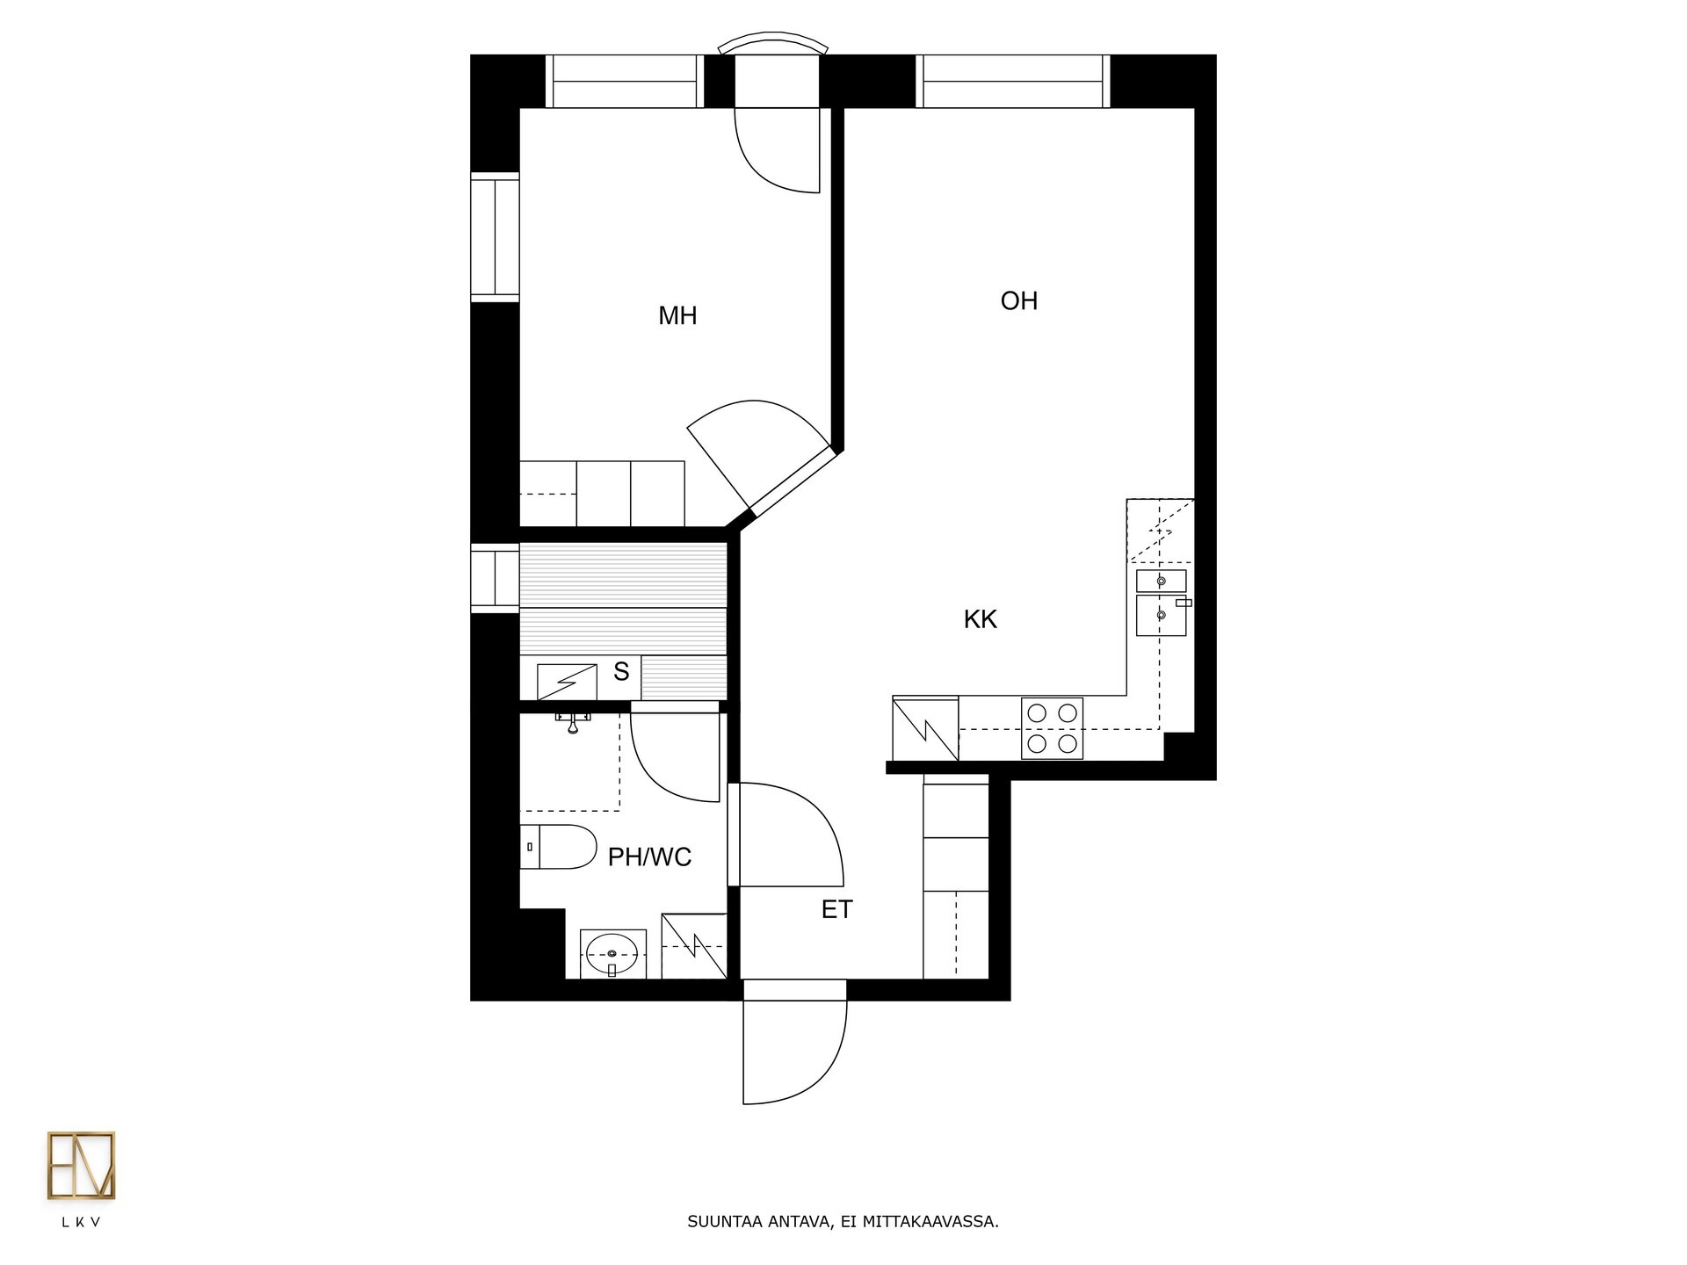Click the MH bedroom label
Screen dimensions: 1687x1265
pyautogui.click(x=677, y=316)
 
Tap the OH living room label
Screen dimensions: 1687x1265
pyautogui.click(x=1019, y=301)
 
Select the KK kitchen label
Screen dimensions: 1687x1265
pyautogui.click(x=981, y=619)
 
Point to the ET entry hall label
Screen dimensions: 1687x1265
pyautogui.click(x=836, y=910)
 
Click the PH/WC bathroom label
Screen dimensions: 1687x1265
pyautogui.click(x=649, y=857)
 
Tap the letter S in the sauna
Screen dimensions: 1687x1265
pyautogui.click(x=621, y=672)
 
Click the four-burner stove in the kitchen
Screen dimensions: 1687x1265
pyautogui.click(x=1052, y=728)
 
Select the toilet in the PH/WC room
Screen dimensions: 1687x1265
pyautogui.click(x=558, y=847)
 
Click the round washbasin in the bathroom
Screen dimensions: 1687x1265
pyautogui.click(x=612, y=954)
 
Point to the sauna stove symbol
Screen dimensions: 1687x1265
pyautogui.click(x=567, y=683)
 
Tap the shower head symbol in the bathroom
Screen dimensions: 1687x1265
pyautogui.click(x=573, y=722)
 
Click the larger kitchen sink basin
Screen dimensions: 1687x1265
pyautogui.click(x=1162, y=615)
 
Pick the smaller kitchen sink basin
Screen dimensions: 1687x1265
pyautogui.click(x=1162, y=581)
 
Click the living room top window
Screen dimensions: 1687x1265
pyautogui.click(x=1012, y=82)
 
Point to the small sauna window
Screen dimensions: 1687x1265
pyautogui.click(x=496, y=577)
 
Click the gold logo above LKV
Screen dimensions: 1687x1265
pyautogui.click(x=81, y=1166)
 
